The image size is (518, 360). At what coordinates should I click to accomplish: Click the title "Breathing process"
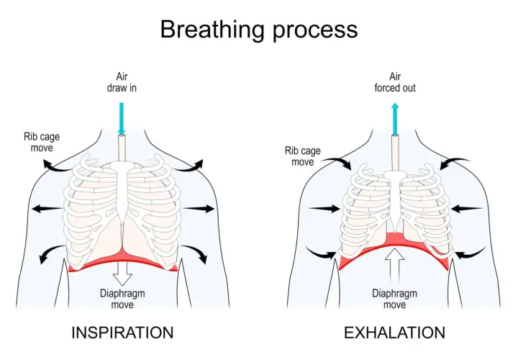(259, 30)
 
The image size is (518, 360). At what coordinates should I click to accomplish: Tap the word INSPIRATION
(122, 333)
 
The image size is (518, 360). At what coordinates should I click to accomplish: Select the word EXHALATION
(395, 333)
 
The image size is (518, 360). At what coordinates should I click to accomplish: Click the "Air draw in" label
(122, 82)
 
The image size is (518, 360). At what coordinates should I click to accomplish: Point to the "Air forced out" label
(395, 82)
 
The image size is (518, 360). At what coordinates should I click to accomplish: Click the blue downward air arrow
(122, 119)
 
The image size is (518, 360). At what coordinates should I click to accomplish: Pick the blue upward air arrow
(395, 119)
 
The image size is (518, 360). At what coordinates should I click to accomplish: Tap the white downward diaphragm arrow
(122, 274)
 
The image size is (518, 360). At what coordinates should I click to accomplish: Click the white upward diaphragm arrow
(394, 264)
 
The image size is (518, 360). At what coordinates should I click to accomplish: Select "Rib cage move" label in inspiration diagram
(42, 142)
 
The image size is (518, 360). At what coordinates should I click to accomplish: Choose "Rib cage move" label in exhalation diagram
(303, 156)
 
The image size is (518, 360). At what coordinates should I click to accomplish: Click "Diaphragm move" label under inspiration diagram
(122, 299)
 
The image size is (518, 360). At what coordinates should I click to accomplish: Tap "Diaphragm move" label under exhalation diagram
(394, 299)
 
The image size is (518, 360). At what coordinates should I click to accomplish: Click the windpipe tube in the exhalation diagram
(395, 153)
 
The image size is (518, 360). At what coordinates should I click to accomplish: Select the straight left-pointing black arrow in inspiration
(47, 209)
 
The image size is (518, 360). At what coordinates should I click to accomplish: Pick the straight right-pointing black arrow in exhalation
(324, 209)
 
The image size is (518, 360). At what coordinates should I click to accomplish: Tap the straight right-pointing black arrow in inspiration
(199, 209)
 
